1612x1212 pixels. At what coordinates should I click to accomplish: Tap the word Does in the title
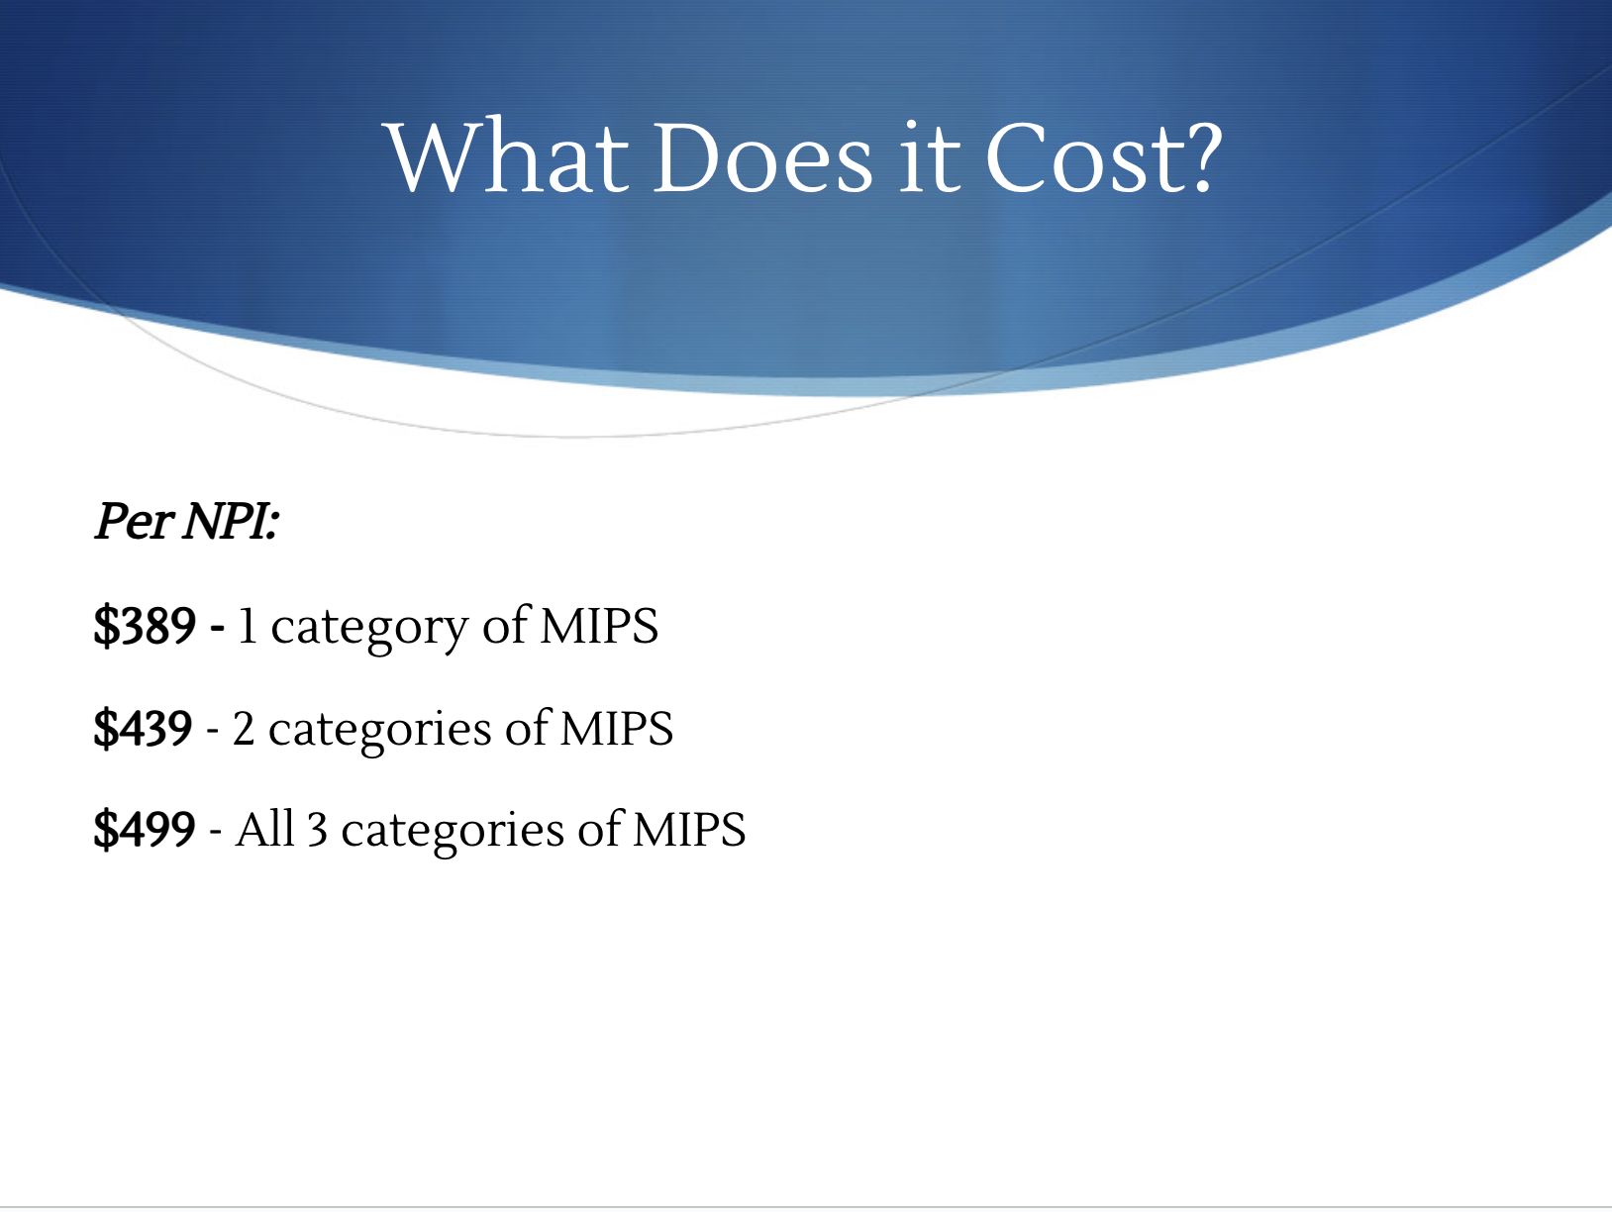[763, 156]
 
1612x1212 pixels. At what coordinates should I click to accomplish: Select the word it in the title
[930, 156]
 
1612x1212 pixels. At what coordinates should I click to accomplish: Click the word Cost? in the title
[1103, 156]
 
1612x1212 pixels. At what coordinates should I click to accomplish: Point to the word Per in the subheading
[135, 521]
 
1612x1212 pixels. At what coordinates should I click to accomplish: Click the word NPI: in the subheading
[231, 521]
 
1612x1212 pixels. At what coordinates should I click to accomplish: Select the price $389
[145, 626]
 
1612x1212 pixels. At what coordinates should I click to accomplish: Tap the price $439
[144, 728]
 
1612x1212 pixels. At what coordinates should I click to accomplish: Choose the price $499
[145, 830]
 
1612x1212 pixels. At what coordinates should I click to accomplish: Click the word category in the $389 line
[369, 629]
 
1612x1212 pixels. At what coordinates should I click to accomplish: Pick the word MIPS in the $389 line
[599, 626]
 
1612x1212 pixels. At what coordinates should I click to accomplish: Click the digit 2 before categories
[244, 728]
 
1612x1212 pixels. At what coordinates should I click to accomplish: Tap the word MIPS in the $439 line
[616, 728]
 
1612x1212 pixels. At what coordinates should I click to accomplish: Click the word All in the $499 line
[264, 829]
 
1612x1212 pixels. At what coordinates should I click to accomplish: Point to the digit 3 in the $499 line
[317, 831]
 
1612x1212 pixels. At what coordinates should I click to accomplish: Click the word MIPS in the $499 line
[689, 830]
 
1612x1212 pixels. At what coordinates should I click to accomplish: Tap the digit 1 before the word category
[247, 626]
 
